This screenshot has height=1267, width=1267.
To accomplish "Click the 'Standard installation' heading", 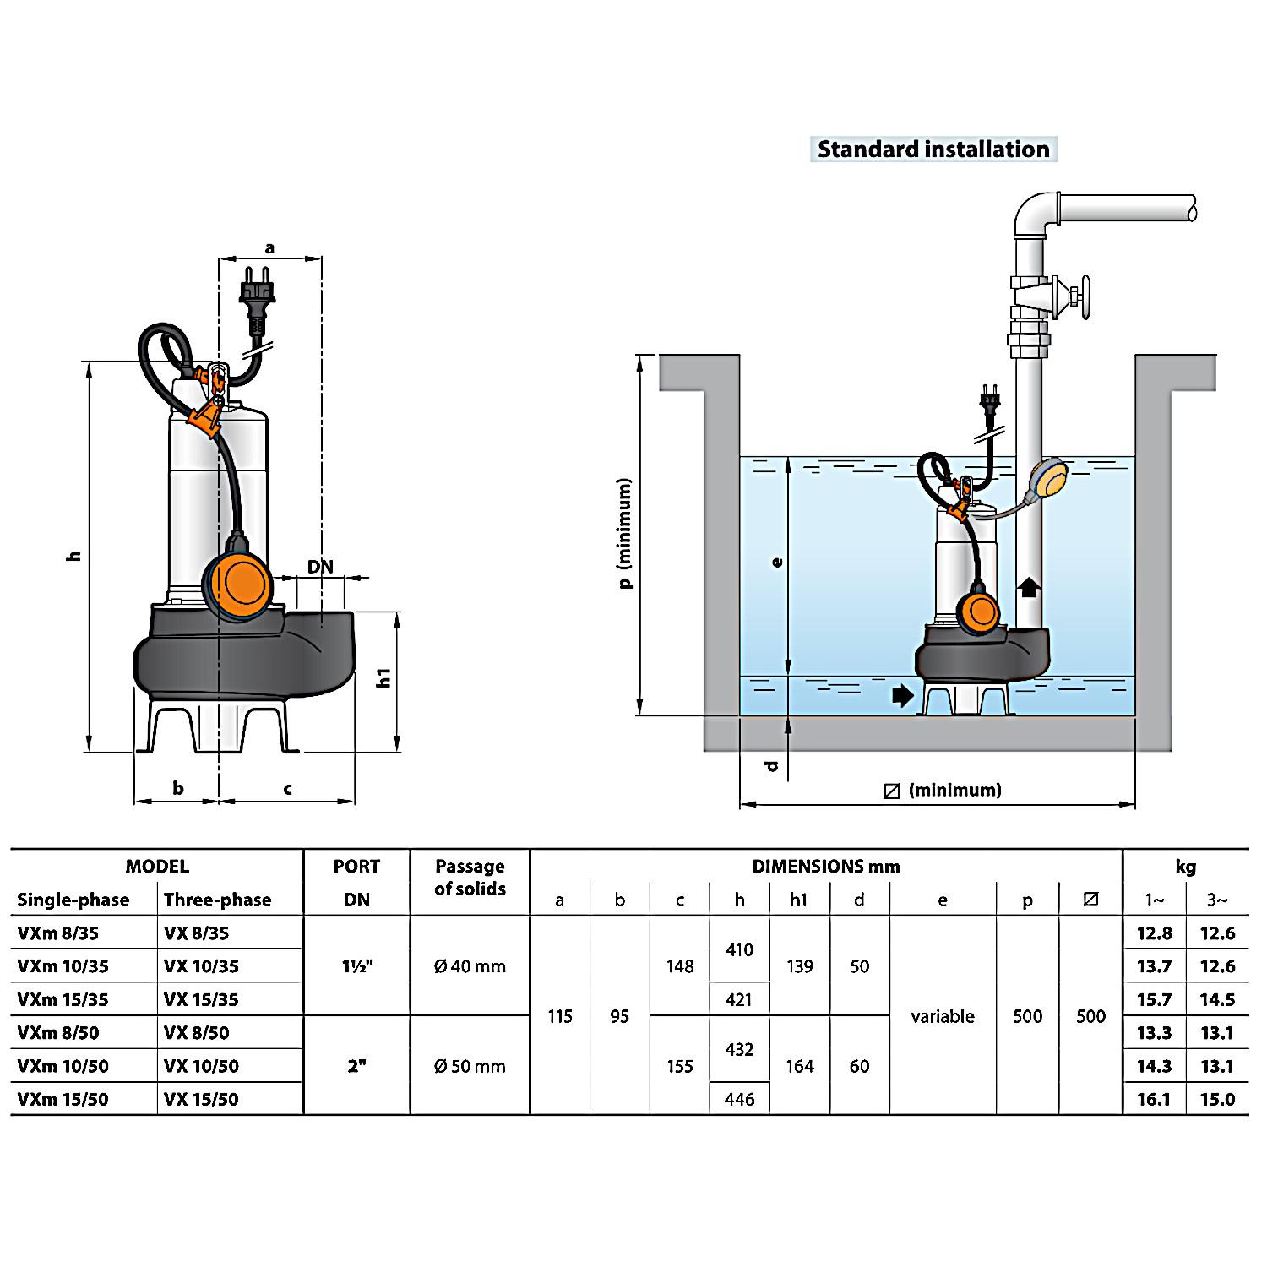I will pyautogui.click(x=933, y=150).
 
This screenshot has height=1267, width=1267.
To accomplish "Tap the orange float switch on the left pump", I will pyautogui.click(x=242, y=583).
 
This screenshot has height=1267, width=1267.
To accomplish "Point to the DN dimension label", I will pyautogui.click(x=320, y=567).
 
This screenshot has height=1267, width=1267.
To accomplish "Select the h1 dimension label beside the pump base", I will pyautogui.click(x=384, y=677).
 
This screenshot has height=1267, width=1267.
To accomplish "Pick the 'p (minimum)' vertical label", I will pyautogui.click(x=625, y=534).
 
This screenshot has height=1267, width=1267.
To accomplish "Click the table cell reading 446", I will pyautogui.click(x=739, y=1099).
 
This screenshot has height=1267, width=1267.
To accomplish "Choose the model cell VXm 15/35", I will pyautogui.click(x=63, y=999).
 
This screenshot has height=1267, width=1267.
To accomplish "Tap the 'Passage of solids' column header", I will pyautogui.click(x=470, y=878).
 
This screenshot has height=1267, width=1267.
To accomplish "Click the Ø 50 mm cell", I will pyautogui.click(x=470, y=1066).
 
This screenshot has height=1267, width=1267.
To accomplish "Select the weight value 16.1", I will pyautogui.click(x=1154, y=1099).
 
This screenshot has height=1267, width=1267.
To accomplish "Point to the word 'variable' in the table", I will pyautogui.click(x=943, y=1016).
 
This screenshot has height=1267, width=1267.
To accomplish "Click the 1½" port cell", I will pyautogui.click(x=356, y=966).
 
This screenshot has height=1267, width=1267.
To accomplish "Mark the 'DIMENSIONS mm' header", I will pyautogui.click(x=825, y=867).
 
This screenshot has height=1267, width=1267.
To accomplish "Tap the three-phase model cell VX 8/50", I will pyautogui.click(x=196, y=1032).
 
